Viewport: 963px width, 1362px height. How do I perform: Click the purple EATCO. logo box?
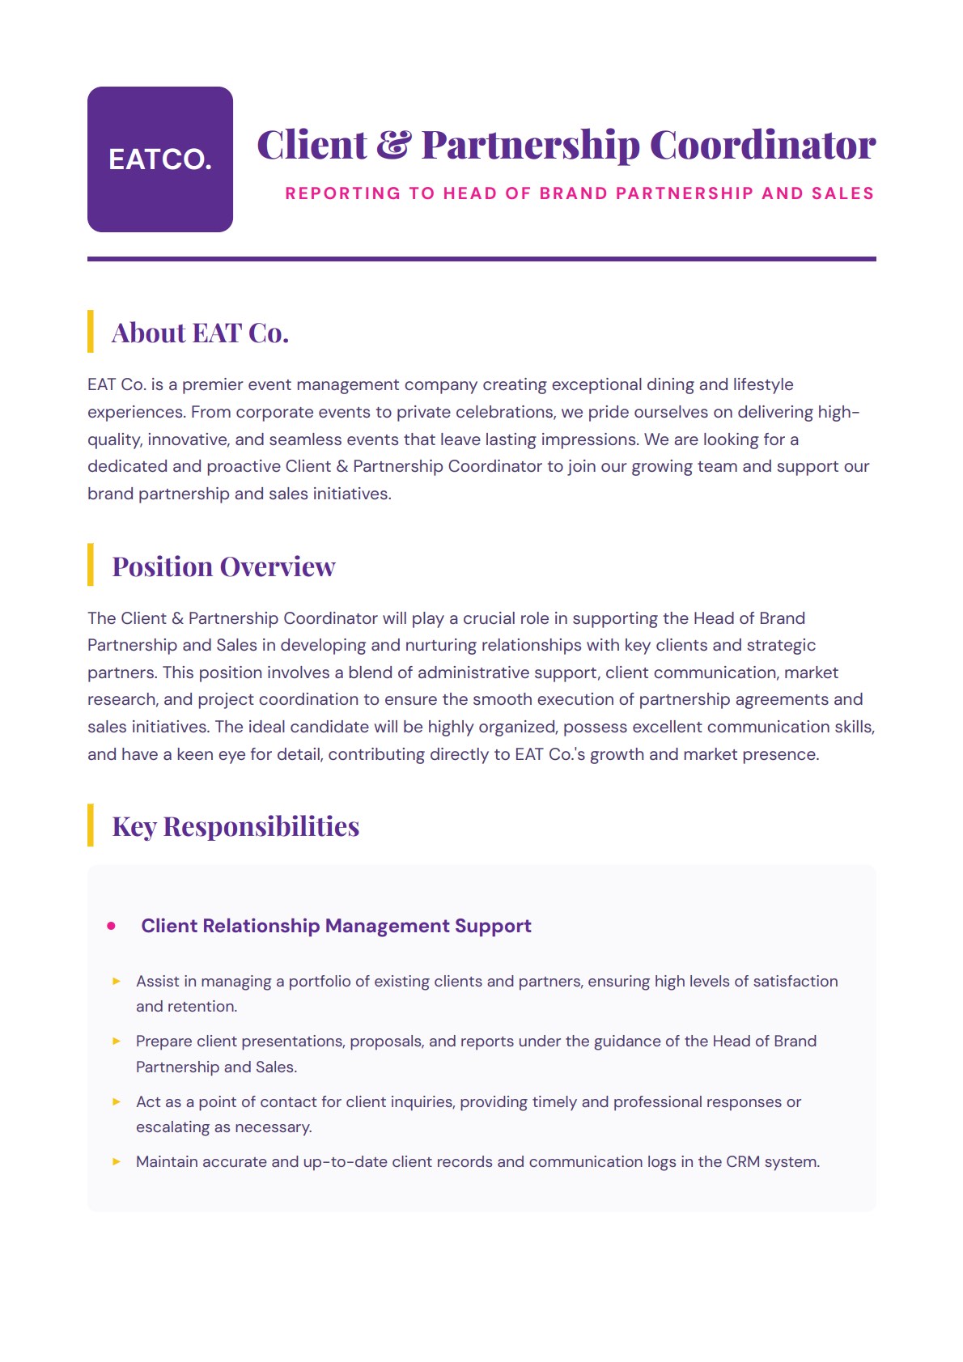160,159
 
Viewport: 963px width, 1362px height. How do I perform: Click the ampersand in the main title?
394,145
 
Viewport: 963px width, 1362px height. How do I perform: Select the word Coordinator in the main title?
762,145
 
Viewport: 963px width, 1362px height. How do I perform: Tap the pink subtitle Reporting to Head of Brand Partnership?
579,193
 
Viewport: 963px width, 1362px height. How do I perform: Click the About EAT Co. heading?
200,333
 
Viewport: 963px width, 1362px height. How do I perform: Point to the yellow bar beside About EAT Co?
91,331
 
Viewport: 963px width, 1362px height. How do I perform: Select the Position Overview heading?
223,566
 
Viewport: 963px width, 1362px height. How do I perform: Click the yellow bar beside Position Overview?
91,565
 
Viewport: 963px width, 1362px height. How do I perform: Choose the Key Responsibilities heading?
235,826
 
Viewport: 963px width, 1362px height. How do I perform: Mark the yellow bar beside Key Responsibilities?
91,825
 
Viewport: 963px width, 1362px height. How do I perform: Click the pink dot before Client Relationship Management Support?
112,926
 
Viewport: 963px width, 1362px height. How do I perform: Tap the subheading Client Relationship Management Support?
336,926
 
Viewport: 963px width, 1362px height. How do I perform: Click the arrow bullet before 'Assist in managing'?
117,981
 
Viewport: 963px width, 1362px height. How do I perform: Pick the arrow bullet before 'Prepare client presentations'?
117,1041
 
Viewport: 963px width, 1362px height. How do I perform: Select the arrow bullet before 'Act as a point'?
117,1101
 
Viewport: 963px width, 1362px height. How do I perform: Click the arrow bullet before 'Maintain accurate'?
117,1161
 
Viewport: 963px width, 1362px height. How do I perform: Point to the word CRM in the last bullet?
743,1162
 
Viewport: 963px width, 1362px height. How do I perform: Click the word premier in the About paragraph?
212,384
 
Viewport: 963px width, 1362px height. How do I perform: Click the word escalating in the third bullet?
172,1127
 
